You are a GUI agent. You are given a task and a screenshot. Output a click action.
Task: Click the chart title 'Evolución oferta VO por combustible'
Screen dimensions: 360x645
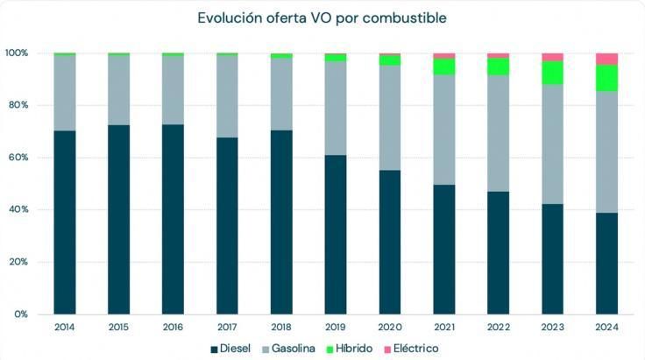coord(322,18)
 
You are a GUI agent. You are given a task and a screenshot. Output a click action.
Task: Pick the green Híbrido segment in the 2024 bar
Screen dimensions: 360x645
coord(606,78)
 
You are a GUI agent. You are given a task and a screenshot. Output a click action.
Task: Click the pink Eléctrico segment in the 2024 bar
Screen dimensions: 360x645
coord(606,59)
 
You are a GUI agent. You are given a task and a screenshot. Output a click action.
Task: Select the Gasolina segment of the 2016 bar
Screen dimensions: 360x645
coord(173,89)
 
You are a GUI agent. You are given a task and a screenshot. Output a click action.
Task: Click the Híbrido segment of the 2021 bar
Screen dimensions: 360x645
coord(444,67)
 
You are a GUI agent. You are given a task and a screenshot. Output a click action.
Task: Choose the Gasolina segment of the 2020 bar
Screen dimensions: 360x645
coord(390,117)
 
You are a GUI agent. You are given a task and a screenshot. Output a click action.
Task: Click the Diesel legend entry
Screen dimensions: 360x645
coord(230,349)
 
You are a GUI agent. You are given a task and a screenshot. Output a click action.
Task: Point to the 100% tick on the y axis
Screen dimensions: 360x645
coord(17,53)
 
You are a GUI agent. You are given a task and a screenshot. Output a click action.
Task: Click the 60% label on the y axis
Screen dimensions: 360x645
coord(19,158)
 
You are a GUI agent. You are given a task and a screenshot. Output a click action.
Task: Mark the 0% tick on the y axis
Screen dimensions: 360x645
coord(22,314)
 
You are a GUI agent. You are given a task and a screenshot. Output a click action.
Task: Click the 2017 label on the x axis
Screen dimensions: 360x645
coord(227,327)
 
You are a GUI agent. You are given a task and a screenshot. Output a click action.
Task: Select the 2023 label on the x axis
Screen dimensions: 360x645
coord(552,327)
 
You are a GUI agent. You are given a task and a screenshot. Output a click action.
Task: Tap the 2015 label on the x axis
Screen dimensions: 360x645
coord(118,327)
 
